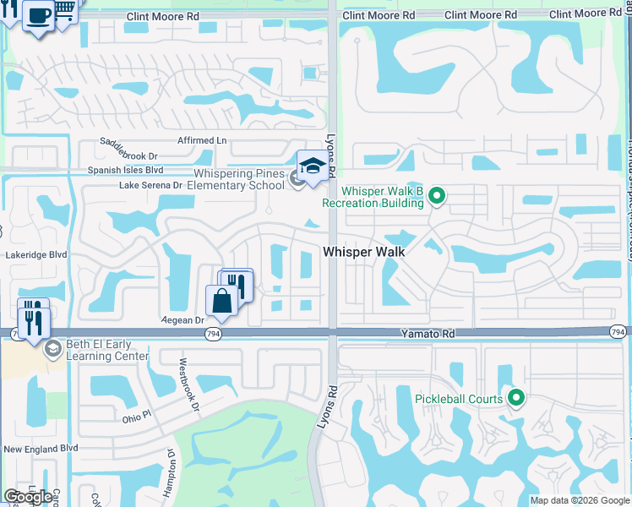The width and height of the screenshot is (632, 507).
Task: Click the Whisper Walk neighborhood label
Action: click(364, 252)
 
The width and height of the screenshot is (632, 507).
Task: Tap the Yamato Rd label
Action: click(428, 335)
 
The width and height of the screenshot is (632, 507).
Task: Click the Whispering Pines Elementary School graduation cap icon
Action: click(312, 166)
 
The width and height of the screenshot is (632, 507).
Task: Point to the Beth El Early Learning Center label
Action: click(108, 350)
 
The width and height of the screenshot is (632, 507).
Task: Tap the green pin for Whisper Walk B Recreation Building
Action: click(436, 197)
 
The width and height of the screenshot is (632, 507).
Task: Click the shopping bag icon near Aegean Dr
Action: click(221, 302)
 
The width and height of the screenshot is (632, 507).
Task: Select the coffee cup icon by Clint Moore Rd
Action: click(38, 16)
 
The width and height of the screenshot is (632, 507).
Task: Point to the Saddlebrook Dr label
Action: click(129, 150)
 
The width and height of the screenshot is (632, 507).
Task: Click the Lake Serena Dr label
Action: click(151, 184)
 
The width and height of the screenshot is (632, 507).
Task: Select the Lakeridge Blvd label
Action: click(35, 253)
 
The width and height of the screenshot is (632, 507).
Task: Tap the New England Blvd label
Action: click(40, 449)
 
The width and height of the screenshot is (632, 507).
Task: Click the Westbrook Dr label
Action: click(188, 383)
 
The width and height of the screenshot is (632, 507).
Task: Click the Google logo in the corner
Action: click(29, 497)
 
